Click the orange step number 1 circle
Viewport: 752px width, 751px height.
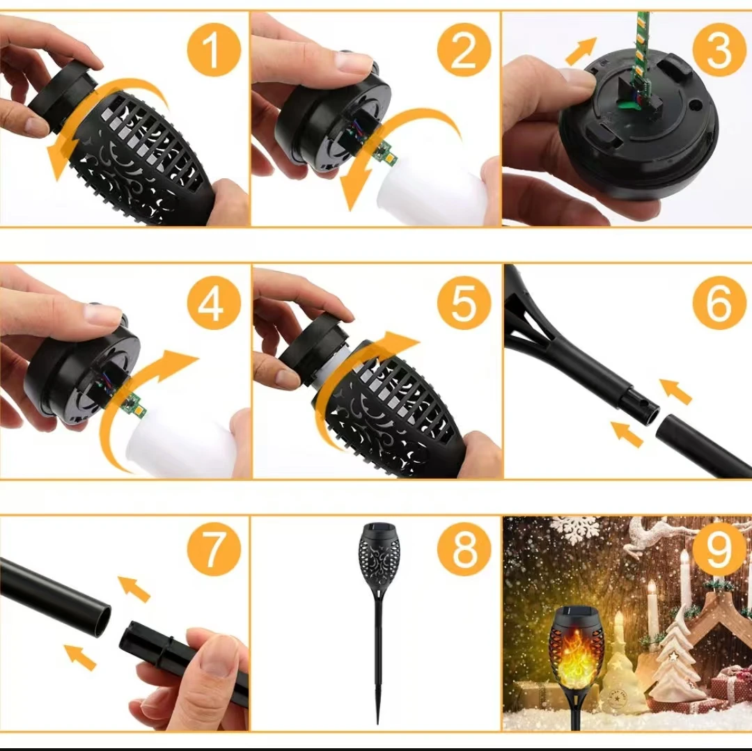(x=214, y=50)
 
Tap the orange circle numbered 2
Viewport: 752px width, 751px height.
(x=464, y=50)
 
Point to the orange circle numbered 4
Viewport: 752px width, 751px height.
(x=214, y=303)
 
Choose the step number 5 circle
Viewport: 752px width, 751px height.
(x=464, y=303)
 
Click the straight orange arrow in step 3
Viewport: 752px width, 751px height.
(x=581, y=51)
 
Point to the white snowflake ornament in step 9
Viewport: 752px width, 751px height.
(x=574, y=529)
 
